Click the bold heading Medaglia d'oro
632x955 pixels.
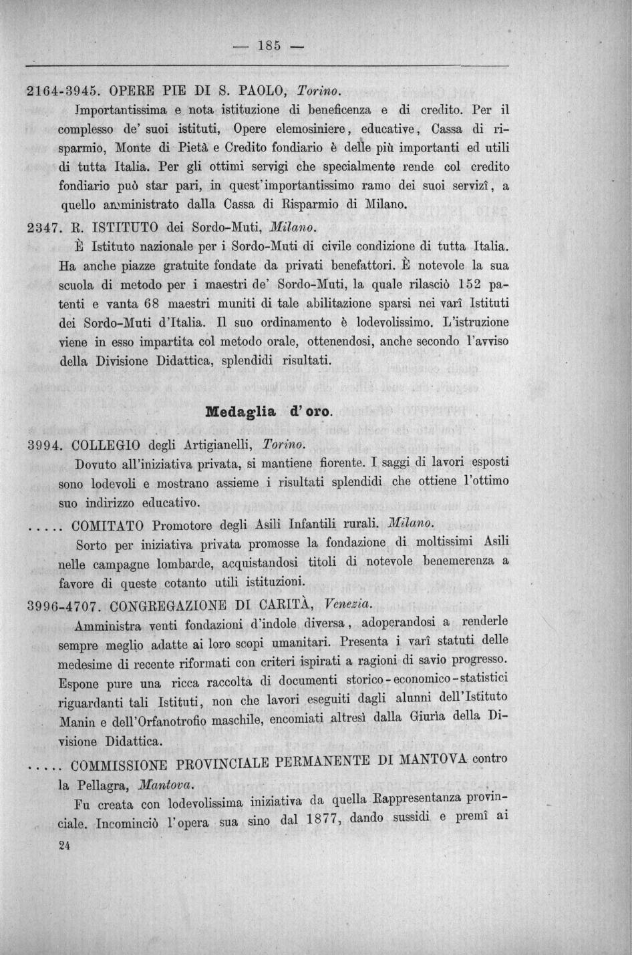[x=269, y=411]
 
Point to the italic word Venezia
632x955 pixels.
[x=345, y=604]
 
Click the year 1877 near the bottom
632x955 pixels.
[x=317, y=820]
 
